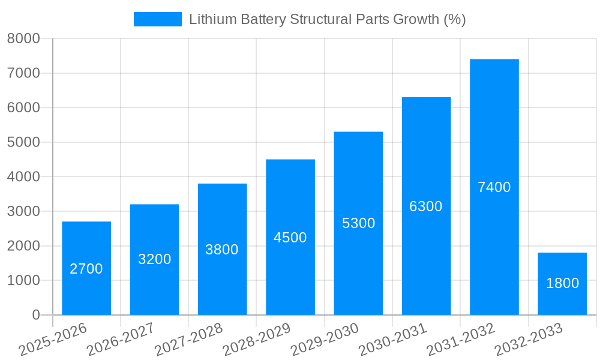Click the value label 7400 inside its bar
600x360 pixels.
(x=494, y=187)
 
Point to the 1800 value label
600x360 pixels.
(x=562, y=283)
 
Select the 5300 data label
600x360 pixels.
(x=358, y=223)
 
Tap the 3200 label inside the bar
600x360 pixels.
(x=154, y=259)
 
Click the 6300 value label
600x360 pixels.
(x=426, y=206)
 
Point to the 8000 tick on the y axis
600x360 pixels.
(x=23, y=38)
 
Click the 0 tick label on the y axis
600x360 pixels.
(x=35, y=315)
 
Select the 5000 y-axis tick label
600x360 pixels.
(x=23, y=142)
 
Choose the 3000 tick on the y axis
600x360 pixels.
(x=23, y=211)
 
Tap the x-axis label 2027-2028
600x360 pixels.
(x=188, y=340)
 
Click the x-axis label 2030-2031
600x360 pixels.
(x=392, y=340)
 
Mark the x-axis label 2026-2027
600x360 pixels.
(x=121, y=340)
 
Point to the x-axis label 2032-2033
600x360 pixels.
(x=529, y=340)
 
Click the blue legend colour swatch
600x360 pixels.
(x=157, y=19)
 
